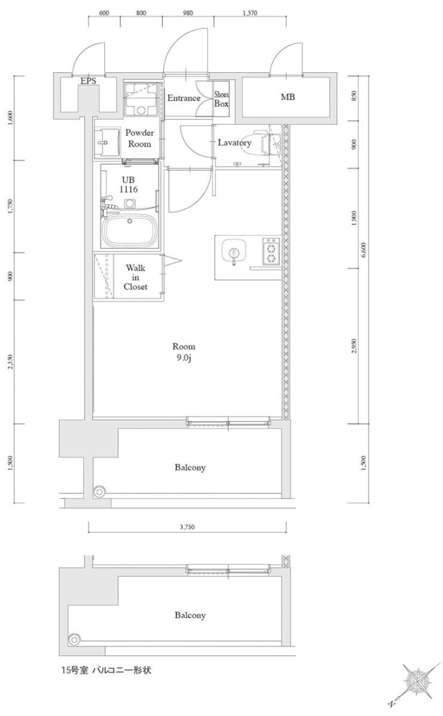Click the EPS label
coord(88,81)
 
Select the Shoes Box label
coord(221,99)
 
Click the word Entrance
coord(183,98)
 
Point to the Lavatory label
coord(234,143)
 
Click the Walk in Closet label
coord(136,277)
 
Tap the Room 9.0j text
coord(183,351)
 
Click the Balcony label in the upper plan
coord(190,467)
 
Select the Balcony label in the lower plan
coord(190,615)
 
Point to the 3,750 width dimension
coord(187,527)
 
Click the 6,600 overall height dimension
coord(364,249)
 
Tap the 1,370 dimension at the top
coord(250,12)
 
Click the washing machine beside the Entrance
coord(143,100)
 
